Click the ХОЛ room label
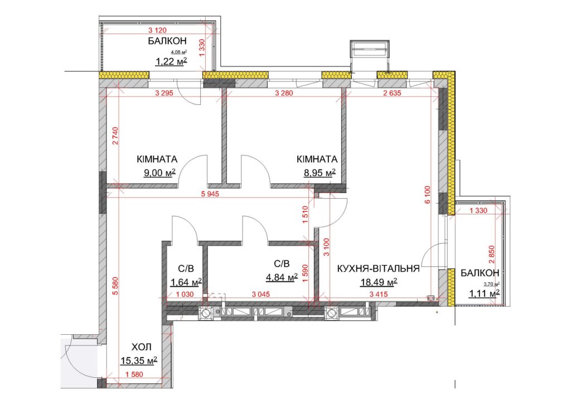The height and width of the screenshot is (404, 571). (141, 347)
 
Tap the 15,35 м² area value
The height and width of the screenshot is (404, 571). (139, 360)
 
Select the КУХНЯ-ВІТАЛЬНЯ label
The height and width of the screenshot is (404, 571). (379, 269)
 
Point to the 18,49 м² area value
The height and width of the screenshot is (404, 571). (379, 282)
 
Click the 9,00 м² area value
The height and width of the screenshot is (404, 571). (160, 172)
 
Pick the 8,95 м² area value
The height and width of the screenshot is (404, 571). (320, 172)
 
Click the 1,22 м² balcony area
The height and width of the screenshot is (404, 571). (172, 61)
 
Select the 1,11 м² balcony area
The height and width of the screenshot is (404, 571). (485, 293)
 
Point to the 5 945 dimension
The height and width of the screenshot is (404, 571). (210, 194)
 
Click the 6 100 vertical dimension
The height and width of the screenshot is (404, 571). (428, 195)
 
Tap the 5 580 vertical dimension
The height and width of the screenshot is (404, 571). (116, 286)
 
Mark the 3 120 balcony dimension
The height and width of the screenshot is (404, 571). (158, 30)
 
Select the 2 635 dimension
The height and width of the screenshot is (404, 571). (392, 93)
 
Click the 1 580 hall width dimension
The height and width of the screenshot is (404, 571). (134, 374)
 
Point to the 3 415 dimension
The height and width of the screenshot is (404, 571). (379, 294)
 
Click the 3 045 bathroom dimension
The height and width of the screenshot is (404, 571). (261, 294)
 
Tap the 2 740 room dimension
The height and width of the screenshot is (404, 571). (116, 136)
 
